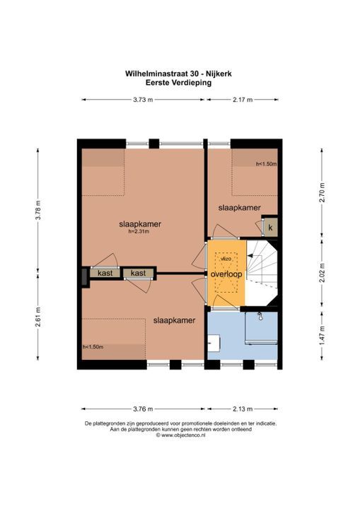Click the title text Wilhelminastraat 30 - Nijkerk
click(180, 72)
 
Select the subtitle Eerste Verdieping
click(180, 81)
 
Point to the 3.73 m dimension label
click(143, 100)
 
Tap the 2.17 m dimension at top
click(243, 100)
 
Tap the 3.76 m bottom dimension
click(143, 408)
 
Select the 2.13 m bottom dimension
click(242, 408)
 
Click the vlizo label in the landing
click(226, 259)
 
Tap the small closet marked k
click(270, 228)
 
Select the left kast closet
click(105, 273)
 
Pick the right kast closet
click(138, 273)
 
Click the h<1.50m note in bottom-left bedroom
click(93, 346)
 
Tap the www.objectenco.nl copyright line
click(180, 435)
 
